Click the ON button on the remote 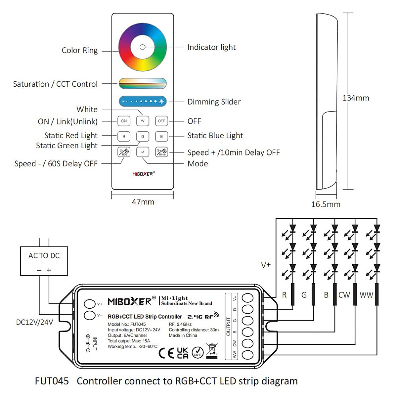(x=124, y=121)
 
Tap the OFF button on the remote (x=161, y=121)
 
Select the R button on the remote (x=124, y=136)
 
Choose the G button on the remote (x=143, y=136)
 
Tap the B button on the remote (x=161, y=136)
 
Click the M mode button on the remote (x=143, y=152)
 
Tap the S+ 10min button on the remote (x=161, y=152)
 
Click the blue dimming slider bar (x=143, y=101)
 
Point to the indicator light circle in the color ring (x=143, y=47)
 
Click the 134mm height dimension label (x=356, y=98)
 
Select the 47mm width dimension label (x=143, y=202)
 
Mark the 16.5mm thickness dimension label (x=326, y=204)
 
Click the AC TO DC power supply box (x=44, y=261)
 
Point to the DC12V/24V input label (x=34, y=322)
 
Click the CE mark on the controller (x=166, y=353)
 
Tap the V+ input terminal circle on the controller (x=89, y=304)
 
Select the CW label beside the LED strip (x=344, y=295)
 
